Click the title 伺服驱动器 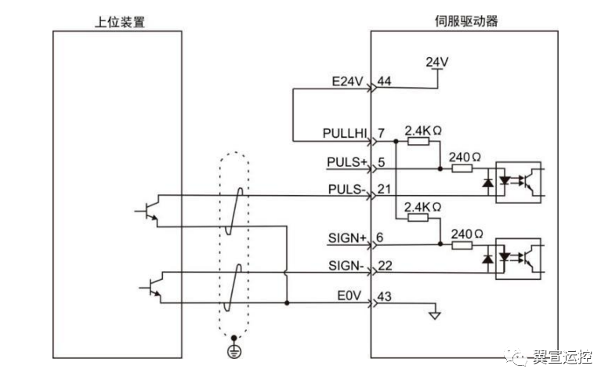pos(465,21)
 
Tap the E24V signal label pos(349,81)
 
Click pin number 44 pos(384,81)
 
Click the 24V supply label pos(436,61)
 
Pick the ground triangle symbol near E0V pos(433,317)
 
